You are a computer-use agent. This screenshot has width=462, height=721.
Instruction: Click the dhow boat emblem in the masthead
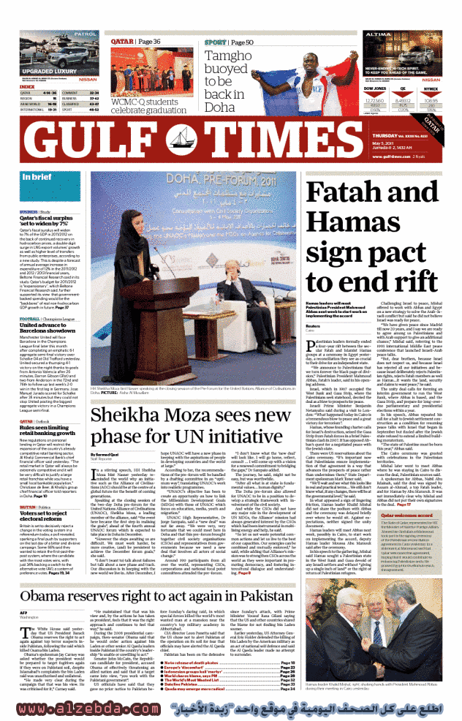[x=222, y=142]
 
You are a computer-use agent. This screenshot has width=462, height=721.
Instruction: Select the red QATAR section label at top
[x=122, y=42]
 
